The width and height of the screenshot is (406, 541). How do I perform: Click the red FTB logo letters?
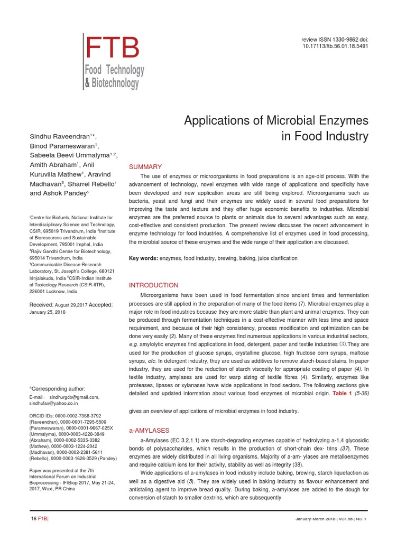pyautogui.click(x=113, y=48)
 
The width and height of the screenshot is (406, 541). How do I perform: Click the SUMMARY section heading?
pyautogui.click(x=145, y=167)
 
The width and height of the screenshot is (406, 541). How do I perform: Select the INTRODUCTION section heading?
pyautogui.click(x=154, y=285)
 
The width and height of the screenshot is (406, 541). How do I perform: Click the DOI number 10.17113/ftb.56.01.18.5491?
pyautogui.click(x=335, y=46)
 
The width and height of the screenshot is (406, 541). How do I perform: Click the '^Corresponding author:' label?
pyautogui.click(x=57, y=388)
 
